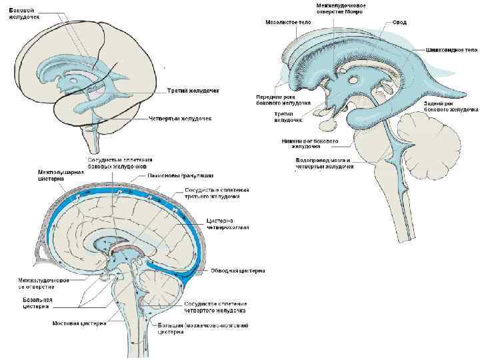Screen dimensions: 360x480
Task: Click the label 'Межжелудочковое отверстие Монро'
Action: pos(345,9)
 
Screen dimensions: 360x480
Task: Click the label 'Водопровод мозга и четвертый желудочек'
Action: pos(323,163)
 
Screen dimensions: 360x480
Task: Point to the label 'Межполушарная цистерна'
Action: pos(61,175)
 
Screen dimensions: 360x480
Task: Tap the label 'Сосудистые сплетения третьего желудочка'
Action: pos(217,194)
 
